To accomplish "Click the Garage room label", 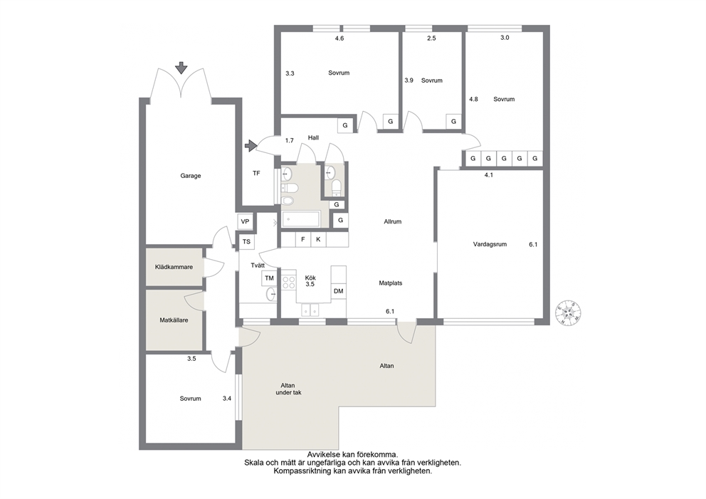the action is [x=191, y=176].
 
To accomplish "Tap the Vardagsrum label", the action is [x=490, y=244].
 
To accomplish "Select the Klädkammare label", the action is [x=174, y=267].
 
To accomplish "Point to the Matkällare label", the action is [x=174, y=320].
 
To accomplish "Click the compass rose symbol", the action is [x=568, y=312].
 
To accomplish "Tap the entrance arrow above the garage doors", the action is [x=181, y=68].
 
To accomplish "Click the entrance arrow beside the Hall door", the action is [x=251, y=145].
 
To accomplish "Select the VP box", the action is [x=245, y=221].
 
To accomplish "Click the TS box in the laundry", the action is [x=246, y=242].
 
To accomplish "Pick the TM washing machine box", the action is [x=269, y=278].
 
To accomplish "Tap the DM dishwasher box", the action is [x=339, y=291].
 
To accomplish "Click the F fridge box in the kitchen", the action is [x=303, y=239].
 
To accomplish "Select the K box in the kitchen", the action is [x=318, y=239].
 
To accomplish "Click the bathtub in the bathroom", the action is [x=300, y=219].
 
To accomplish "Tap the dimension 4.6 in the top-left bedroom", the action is [x=339, y=38].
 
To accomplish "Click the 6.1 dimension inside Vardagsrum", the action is [x=533, y=245].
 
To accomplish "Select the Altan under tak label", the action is [x=288, y=389].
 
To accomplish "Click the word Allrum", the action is [x=393, y=221].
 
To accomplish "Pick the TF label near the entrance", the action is [x=256, y=173].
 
